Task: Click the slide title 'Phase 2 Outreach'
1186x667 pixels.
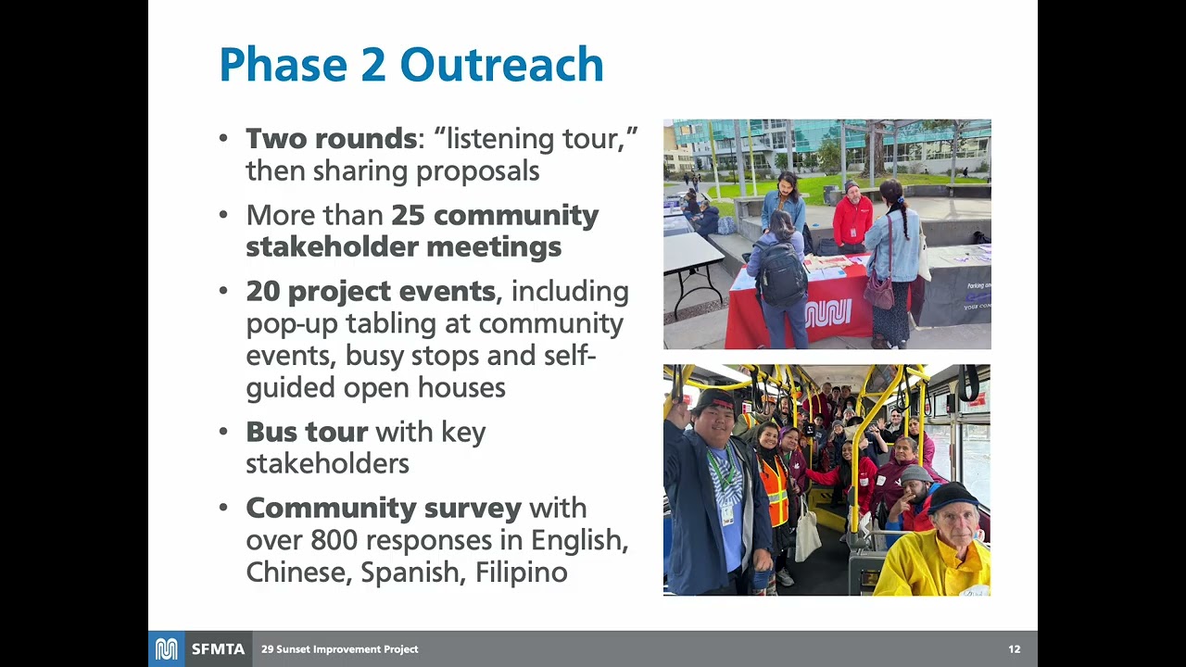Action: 410,65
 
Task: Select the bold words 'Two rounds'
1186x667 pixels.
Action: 331,139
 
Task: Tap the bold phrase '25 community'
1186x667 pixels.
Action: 495,215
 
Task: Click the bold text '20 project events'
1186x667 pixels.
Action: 371,291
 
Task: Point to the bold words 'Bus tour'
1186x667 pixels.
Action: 307,432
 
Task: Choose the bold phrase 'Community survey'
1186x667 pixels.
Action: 384,508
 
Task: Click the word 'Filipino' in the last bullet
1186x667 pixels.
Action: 521,572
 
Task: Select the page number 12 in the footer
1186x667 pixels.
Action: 1014,649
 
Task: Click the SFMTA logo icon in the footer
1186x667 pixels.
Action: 166,649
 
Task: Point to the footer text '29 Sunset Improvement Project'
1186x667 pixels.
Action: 339,649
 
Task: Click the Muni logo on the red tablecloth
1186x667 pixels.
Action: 827,313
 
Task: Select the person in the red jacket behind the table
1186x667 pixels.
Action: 852,219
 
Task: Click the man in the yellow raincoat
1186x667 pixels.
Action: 936,551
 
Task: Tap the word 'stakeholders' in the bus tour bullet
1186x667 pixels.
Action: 327,463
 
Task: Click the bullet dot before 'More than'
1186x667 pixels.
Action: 223,215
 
